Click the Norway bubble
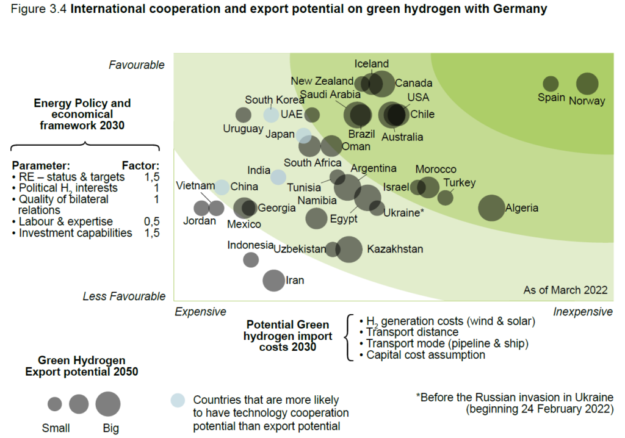pyautogui.click(x=587, y=84)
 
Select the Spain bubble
pyautogui.click(x=551, y=84)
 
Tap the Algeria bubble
pyautogui.click(x=491, y=207)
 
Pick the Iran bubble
pyautogui.click(x=273, y=280)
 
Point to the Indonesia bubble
pyautogui.click(x=251, y=259)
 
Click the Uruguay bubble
pyautogui.click(x=243, y=115)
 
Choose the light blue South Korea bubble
pyautogui.click(x=271, y=114)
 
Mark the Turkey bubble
pyautogui.click(x=446, y=197)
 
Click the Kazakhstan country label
pyautogui.click(x=395, y=249)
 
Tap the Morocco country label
pyautogui.click(x=436, y=170)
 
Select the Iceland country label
pyautogui.click(x=371, y=63)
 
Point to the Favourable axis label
pyautogui.click(x=137, y=65)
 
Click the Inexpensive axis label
pyautogui.click(x=583, y=312)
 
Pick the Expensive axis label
pyautogui.click(x=200, y=312)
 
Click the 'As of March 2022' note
pyautogui.click(x=565, y=290)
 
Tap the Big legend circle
pyautogui.click(x=108, y=404)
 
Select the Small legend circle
pyautogui.click(x=55, y=404)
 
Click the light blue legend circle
pyautogui.click(x=177, y=400)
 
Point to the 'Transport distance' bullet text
pyautogui.click(x=412, y=332)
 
